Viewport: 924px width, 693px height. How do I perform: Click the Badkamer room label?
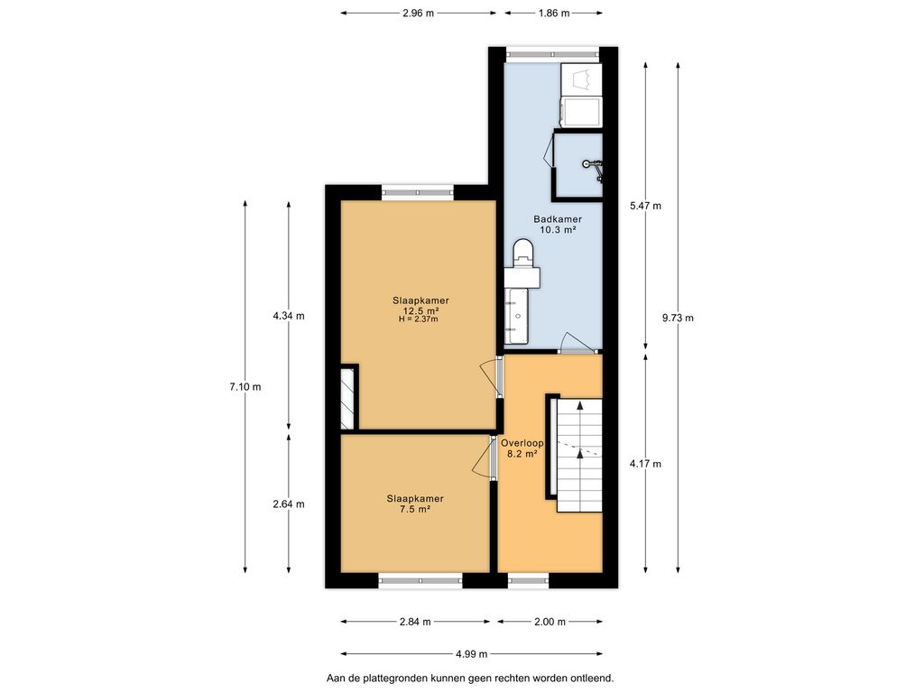pyautogui.click(x=558, y=219)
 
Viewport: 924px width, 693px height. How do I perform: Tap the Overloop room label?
pyautogui.click(x=522, y=443)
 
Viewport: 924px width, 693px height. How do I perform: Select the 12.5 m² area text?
pyautogui.click(x=420, y=310)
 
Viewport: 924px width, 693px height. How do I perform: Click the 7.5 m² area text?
pyautogui.click(x=415, y=509)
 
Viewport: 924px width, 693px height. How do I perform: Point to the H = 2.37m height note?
pyautogui.click(x=419, y=319)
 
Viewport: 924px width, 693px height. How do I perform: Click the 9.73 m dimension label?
pyautogui.click(x=678, y=319)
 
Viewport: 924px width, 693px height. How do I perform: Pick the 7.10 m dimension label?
pyautogui.click(x=245, y=387)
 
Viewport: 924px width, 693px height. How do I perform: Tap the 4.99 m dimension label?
pyautogui.click(x=471, y=653)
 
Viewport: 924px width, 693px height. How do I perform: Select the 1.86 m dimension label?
pyautogui.click(x=554, y=13)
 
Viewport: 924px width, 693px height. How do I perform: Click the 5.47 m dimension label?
pyautogui.click(x=645, y=206)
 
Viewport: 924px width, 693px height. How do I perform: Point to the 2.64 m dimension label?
pyautogui.click(x=289, y=504)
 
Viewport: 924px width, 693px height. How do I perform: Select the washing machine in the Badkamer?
pyautogui.click(x=582, y=112)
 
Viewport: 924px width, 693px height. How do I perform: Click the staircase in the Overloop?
pyautogui.click(x=579, y=455)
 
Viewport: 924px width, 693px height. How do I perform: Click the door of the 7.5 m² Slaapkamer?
pyautogui.click(x=485, y=457)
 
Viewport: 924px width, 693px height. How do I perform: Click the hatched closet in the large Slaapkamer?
pyautogui.click(x=347, y=398)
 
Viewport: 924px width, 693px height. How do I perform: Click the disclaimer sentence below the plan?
pyautogui.click(x=470, y=679)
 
